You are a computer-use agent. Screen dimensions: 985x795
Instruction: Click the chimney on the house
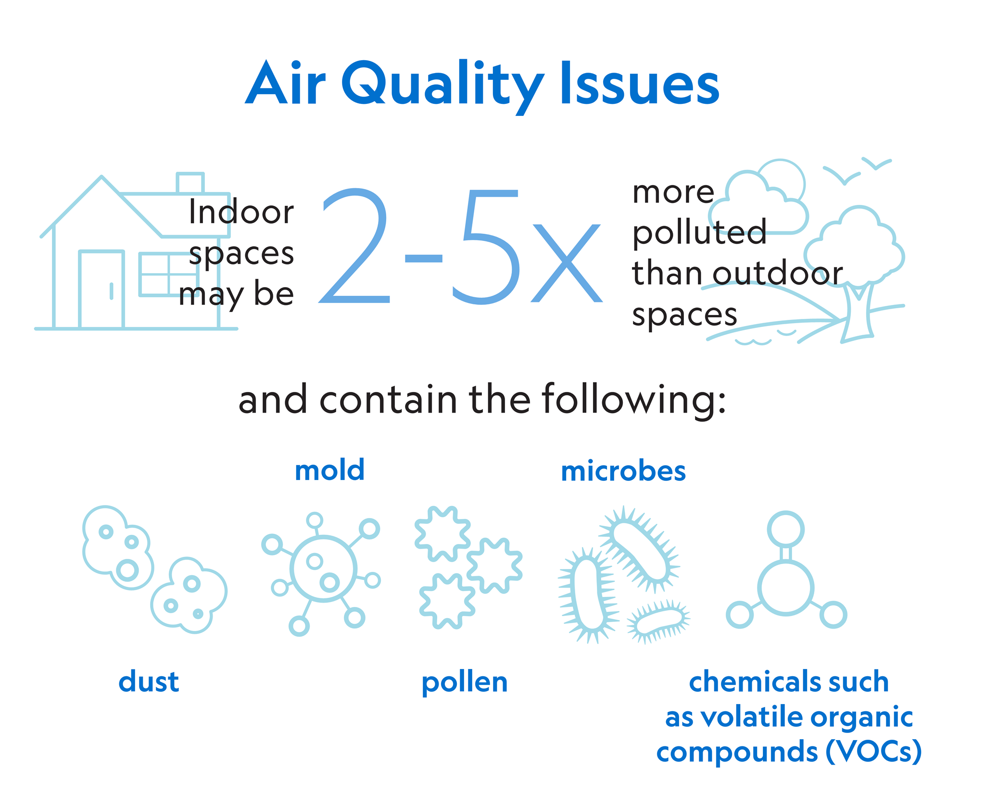[x=190, y=183]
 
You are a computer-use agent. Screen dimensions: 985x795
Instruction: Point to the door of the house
[x=102, y=289]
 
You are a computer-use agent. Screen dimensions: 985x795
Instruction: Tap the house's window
[x=168, y=274]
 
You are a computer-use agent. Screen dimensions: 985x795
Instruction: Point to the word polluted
[x=699, y=232]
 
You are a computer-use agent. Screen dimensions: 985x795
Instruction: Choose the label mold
[x=329, y=470]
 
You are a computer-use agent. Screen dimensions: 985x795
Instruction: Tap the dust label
[x=149, y=681]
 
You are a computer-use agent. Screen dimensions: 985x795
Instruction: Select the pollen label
[x=465, y=683]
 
